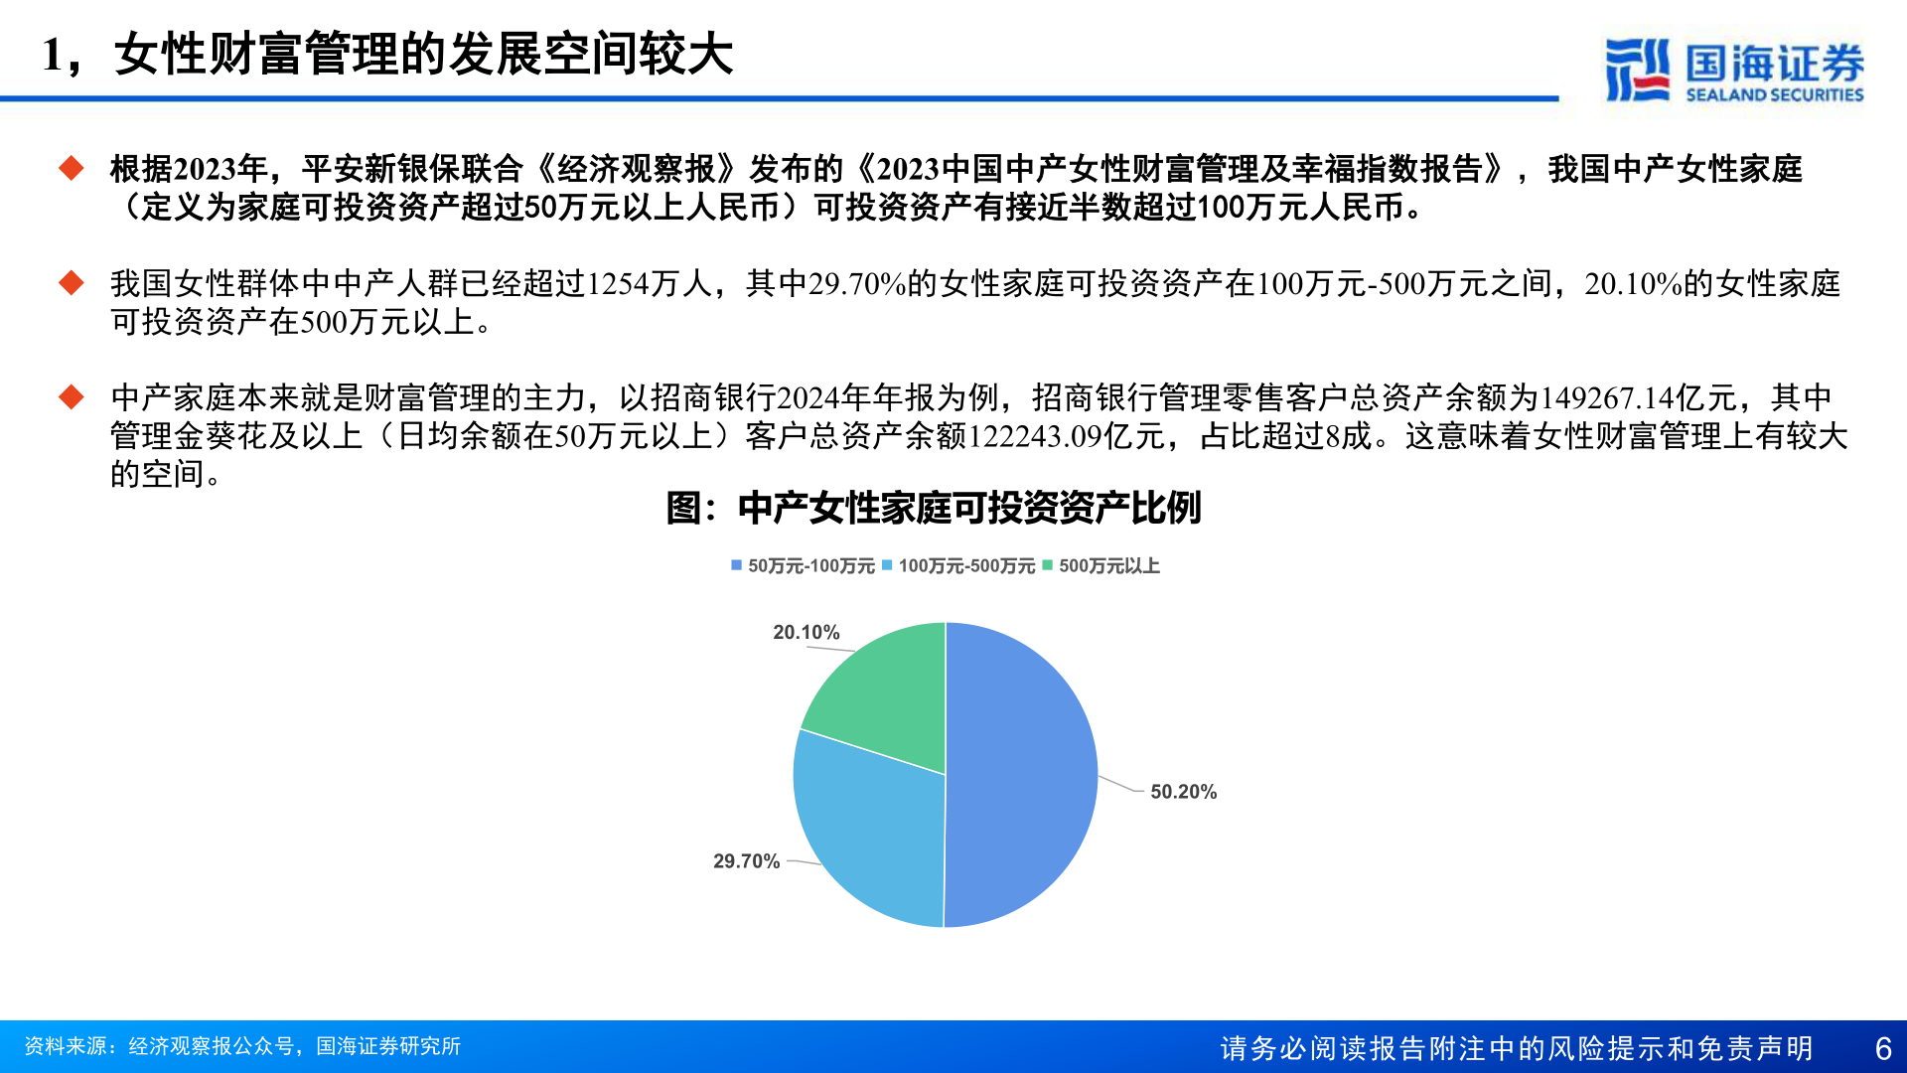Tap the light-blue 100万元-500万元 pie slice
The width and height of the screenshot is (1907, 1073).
point(864,830)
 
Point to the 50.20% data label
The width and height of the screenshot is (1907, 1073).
point(1183,792)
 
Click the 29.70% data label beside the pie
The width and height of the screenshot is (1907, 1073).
point(746,861)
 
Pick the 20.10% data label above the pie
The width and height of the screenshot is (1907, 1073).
point(807,633)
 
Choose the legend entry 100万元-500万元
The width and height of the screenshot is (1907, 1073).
point(958,565)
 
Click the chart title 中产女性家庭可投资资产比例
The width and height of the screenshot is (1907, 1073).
point(969,508)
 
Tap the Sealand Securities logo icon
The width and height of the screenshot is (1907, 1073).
point(1637,70)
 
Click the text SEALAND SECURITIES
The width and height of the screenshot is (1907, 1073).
point(1775,95)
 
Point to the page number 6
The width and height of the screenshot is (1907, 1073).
point(1883,1048)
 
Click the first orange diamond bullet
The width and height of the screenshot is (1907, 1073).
point(72,168)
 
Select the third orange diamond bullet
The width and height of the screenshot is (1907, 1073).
point(72,397)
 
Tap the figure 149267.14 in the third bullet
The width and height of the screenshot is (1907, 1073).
point(1607,398)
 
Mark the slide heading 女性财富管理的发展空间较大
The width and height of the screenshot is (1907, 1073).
point(424,54)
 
